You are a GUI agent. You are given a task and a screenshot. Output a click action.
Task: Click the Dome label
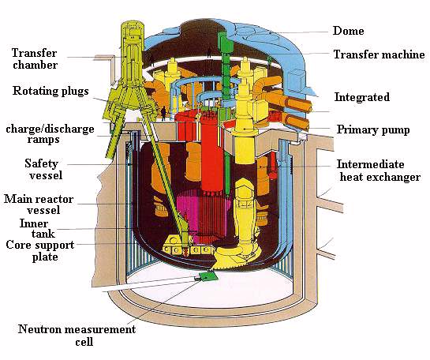coord(348,31)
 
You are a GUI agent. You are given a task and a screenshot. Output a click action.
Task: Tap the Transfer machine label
coord(379,54)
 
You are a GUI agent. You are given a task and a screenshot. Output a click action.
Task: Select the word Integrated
coord(361,97)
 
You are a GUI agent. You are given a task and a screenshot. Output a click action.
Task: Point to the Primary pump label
coord(373,129)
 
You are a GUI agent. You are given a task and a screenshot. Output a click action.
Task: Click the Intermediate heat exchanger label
coord(379,171)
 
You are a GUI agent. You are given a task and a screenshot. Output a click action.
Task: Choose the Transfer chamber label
coord(35,58)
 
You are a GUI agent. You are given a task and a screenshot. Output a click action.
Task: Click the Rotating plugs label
coord(50,91)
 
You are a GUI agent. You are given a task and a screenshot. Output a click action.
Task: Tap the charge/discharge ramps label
coord(50,134)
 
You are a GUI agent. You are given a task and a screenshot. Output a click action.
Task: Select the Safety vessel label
coord(44,169)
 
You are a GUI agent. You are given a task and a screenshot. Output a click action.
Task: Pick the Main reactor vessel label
coord(39,204)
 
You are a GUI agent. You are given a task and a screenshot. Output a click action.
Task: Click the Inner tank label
coord(37,228)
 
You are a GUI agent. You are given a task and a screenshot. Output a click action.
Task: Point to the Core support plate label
coord(40,250)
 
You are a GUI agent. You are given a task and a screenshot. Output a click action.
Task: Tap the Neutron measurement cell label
coord(77,336)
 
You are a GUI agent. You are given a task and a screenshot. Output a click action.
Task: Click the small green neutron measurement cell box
coord(208,276)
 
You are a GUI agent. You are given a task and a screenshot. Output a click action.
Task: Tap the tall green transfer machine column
coord(226,91)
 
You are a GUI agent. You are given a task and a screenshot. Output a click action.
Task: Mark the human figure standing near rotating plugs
coord(164,114)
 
